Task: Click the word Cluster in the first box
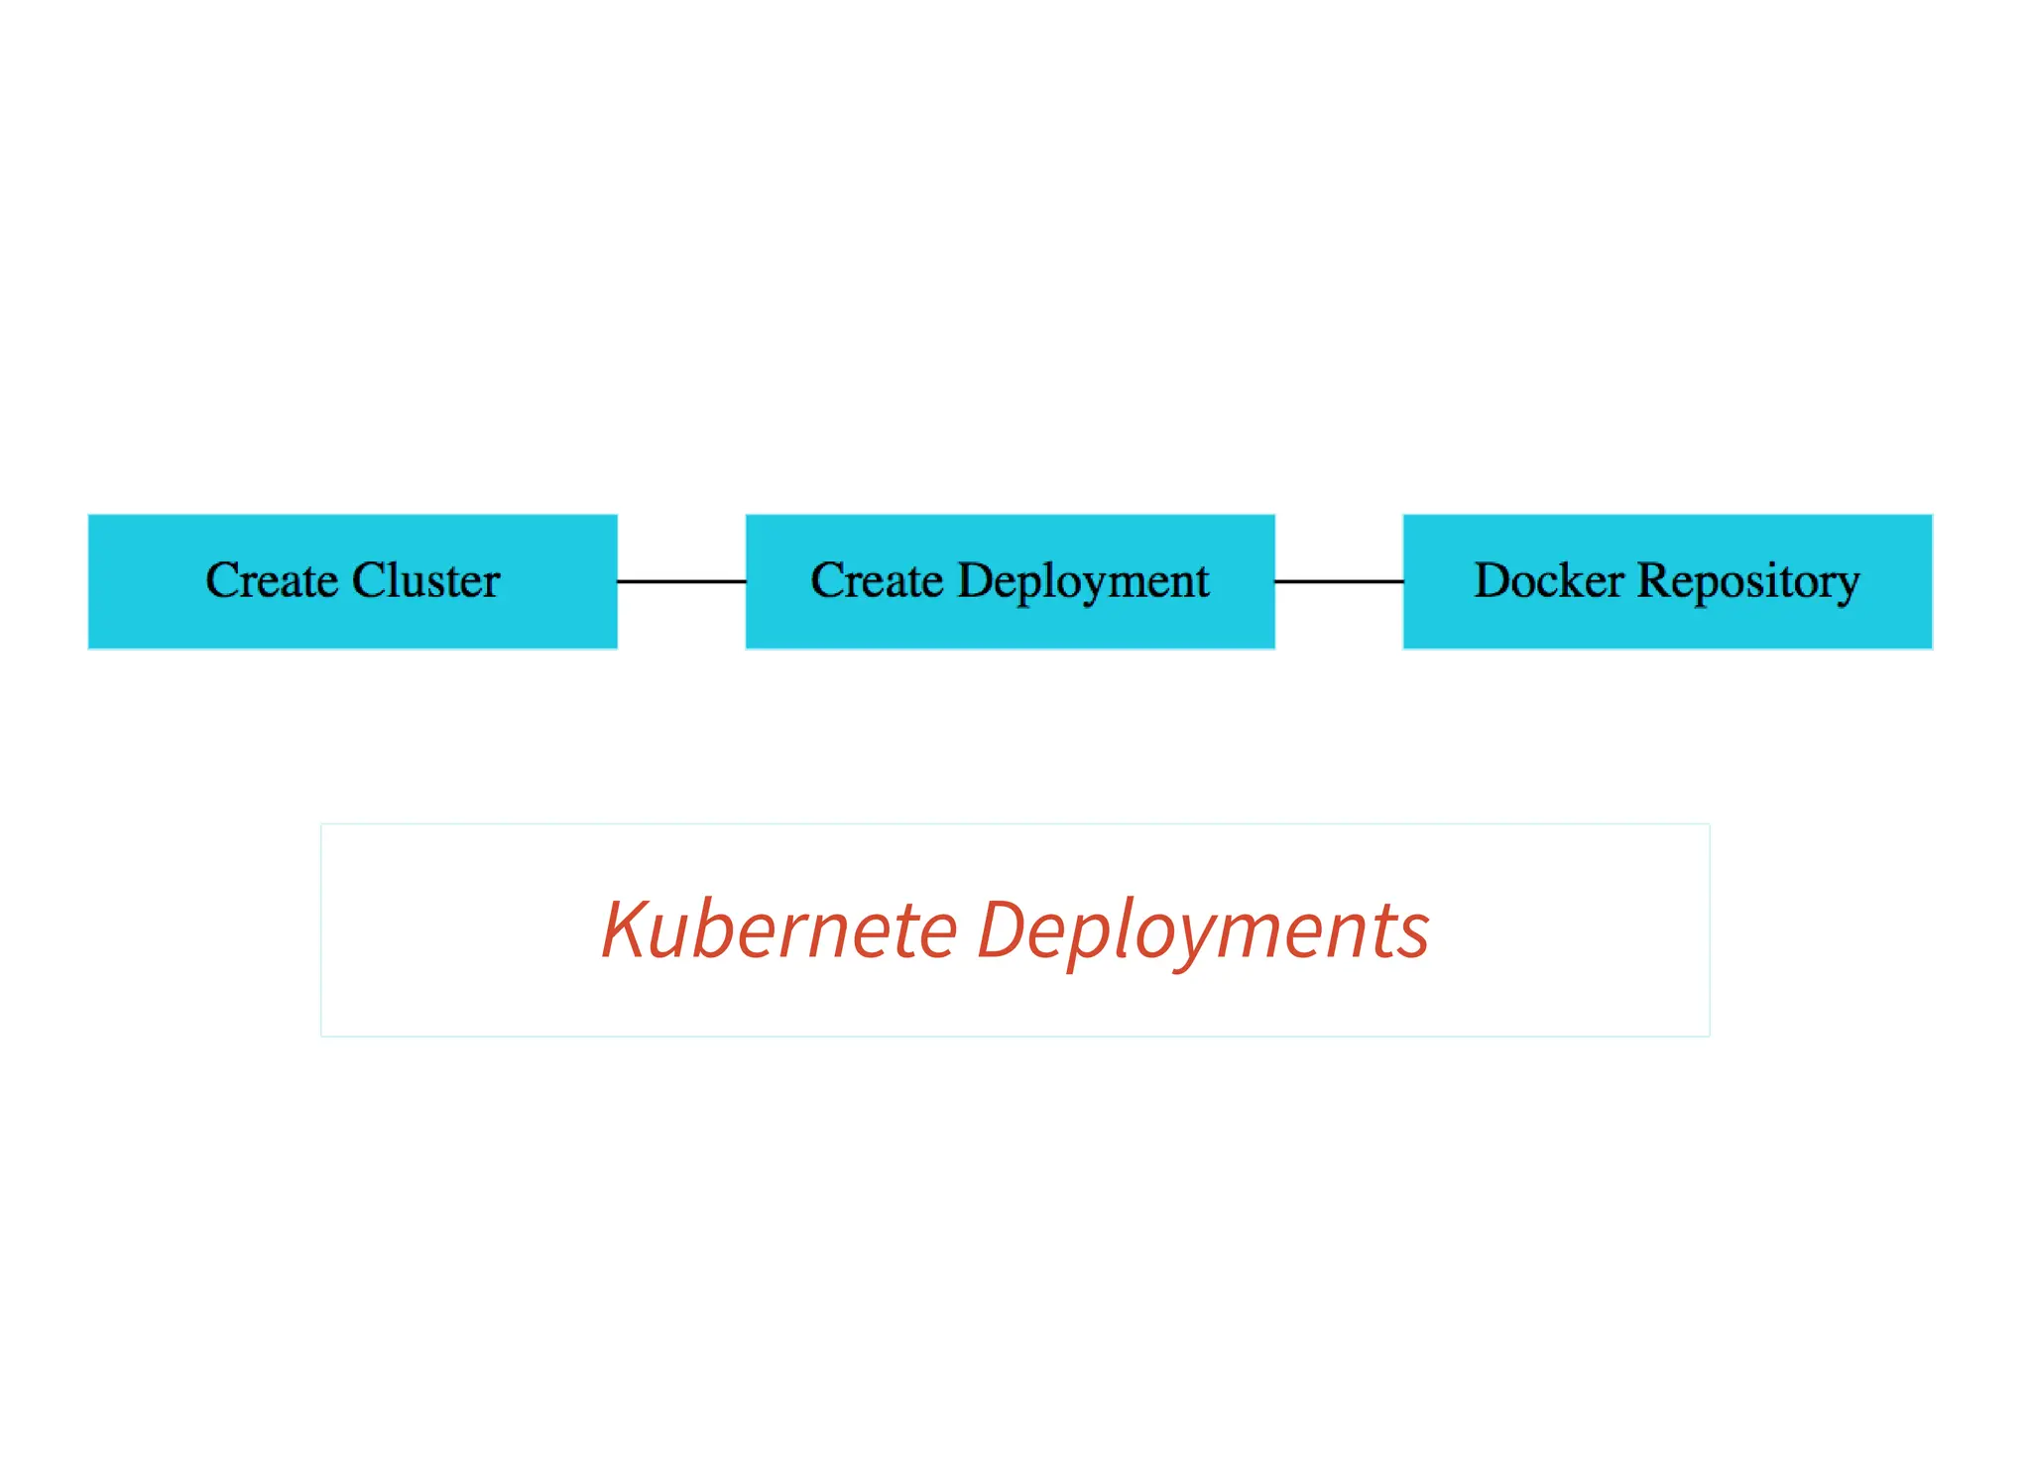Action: (426, 580)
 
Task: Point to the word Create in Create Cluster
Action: (271, 580)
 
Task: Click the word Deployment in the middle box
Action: (1083, 582)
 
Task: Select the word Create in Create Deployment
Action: (877, 580)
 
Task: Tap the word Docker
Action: (1548, 580)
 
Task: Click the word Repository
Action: (1747, 582)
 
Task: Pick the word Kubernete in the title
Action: (779, 929)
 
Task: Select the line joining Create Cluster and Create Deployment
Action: (681, 581)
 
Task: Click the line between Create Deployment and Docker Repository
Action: (1339, 581)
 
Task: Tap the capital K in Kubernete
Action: (628, 928)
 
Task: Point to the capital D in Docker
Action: (1493, 580)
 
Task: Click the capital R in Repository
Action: (1654, 580)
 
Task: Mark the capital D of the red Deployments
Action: (1003, 928)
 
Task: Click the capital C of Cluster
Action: (370, 580)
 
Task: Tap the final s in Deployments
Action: (1412, 938)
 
